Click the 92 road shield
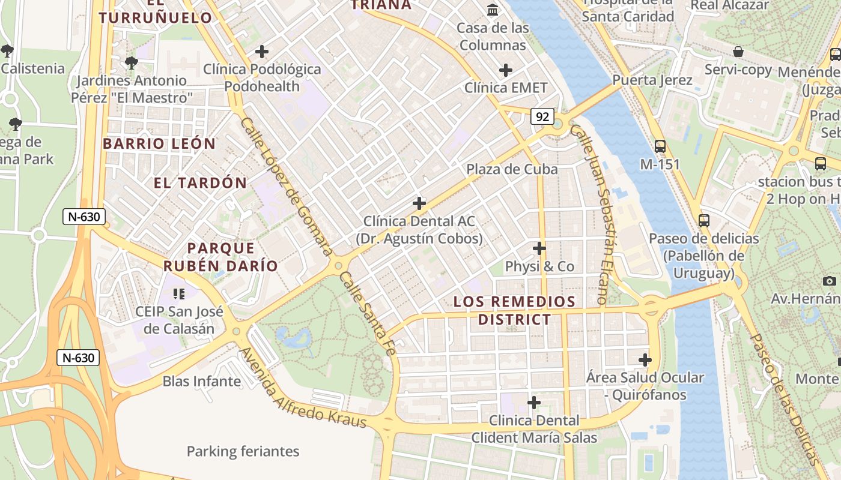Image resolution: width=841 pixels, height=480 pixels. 542,117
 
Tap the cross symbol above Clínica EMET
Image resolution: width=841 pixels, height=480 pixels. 506,70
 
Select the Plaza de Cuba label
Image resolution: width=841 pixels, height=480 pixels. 512,169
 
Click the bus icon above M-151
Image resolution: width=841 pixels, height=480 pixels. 660,146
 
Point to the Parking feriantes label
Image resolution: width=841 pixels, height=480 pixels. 243,451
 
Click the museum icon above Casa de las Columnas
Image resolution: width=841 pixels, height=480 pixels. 493,10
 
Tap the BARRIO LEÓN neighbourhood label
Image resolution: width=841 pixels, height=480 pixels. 159,144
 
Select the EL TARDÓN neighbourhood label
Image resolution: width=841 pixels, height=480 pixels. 200,183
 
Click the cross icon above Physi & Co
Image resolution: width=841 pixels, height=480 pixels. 539,248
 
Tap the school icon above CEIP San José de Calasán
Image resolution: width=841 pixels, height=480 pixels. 178,293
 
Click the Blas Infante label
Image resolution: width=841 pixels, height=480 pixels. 202,382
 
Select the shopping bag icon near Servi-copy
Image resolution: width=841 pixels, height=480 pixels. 738,52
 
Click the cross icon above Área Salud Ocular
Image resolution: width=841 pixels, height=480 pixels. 645,360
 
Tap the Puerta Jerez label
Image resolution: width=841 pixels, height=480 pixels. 652,80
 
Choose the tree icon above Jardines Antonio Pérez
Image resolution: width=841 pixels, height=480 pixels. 131,62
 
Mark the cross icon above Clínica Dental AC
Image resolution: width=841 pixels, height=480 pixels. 419,203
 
